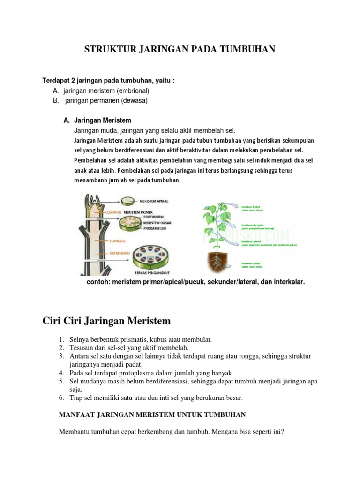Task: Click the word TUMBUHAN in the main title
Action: click(x=250, y=50)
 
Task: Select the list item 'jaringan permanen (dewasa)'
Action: click(x=106, y=100)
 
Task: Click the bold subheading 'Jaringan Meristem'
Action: click(x=103, y=120)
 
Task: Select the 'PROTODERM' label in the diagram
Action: click(x=155, y=217)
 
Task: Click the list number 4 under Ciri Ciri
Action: click(x=61, y=373)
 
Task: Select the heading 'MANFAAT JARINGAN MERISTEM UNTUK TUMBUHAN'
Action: click(x=152, y=415)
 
